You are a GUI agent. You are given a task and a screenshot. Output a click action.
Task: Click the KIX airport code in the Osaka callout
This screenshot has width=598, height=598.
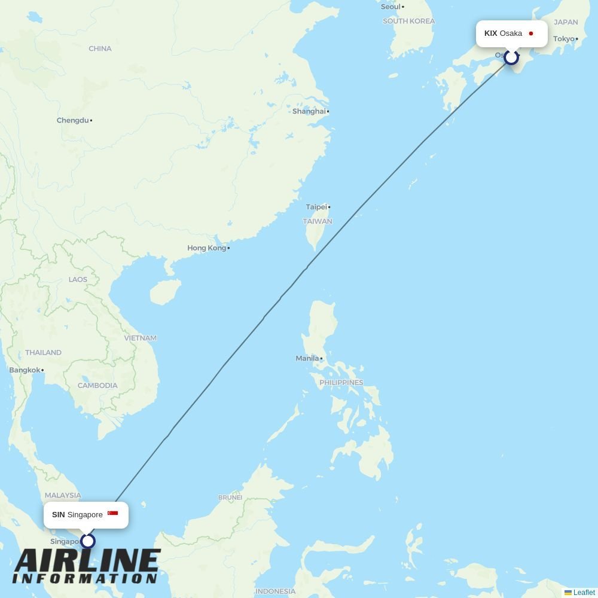490,33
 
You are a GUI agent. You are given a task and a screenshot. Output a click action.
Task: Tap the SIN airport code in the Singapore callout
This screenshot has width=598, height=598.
58,514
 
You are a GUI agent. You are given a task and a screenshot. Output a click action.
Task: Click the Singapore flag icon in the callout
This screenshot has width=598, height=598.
112,514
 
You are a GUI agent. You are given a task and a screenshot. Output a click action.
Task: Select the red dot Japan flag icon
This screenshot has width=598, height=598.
530,33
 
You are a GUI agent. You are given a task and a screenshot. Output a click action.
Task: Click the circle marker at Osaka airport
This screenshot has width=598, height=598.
511,57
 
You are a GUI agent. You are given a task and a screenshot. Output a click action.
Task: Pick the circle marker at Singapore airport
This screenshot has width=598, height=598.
88,541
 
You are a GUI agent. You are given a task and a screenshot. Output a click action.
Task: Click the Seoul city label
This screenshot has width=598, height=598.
390,7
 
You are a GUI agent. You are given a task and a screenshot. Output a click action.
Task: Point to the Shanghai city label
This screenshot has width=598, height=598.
309,111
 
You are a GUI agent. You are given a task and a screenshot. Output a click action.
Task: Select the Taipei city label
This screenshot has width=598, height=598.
316,207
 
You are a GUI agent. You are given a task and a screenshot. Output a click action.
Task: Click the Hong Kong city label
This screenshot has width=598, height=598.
206,248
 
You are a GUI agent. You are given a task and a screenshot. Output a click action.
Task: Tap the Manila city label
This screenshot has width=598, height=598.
307,358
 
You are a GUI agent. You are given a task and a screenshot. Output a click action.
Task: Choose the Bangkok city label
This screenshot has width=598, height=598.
25,370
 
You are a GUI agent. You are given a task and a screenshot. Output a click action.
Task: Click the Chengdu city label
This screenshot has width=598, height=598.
72,120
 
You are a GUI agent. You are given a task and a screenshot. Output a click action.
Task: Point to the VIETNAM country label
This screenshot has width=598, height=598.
140,338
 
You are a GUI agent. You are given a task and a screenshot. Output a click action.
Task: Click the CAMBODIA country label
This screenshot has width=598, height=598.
97,386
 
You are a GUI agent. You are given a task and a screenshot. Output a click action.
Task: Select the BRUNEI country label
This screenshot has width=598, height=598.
230,498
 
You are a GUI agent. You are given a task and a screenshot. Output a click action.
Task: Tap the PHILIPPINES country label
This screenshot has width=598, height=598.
341,383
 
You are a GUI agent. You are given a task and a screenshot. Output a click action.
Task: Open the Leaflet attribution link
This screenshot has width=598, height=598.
584,593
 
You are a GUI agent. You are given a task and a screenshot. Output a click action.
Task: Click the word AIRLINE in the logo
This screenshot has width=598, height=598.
87,562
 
